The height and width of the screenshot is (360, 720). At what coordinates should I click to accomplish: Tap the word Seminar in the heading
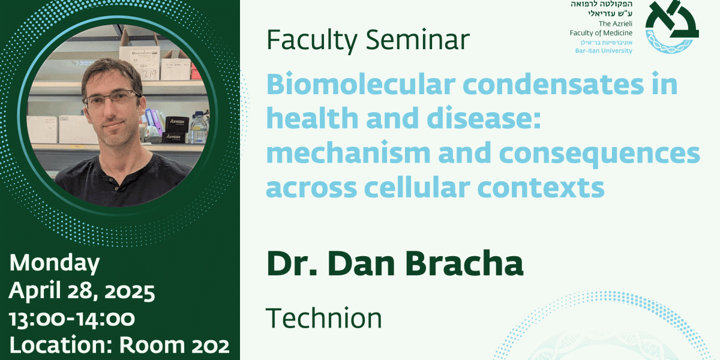tap(418, 40)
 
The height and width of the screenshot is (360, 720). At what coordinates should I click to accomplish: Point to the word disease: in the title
tap(484, 118)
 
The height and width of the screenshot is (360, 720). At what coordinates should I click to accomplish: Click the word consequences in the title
tap(600, 154)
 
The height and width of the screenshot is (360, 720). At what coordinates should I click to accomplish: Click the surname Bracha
tap(464, 263)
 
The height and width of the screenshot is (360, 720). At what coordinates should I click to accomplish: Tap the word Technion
tap(323, 318)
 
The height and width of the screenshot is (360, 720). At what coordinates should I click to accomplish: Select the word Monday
tap(55, 263)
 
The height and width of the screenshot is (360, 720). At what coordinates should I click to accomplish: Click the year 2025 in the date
tap(130, 292)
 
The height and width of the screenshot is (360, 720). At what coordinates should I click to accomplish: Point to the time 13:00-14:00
tap(72, 319)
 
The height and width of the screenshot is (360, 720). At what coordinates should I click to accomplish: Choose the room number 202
tap(210, 346)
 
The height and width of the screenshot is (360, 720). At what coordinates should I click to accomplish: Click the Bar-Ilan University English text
tap(604, 51)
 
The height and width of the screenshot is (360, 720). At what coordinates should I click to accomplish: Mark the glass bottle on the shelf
tap(199, 127)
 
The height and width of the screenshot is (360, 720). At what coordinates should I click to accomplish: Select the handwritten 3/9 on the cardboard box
tap(149, 74)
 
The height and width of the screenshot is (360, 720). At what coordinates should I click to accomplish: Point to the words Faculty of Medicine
tap(601, 33)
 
